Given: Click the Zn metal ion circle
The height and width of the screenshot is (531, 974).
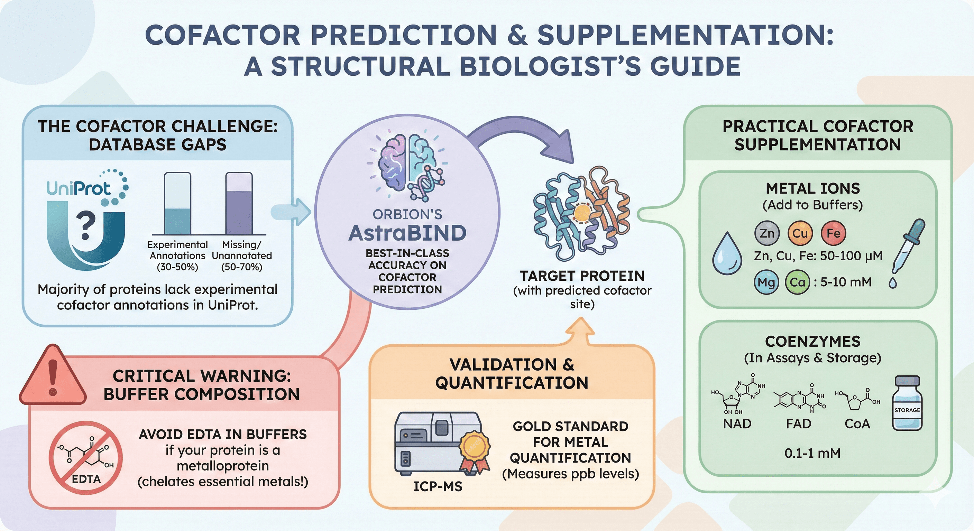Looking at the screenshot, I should (x=767, y=233).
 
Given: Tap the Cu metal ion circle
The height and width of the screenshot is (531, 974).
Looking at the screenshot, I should (x=800, y=233).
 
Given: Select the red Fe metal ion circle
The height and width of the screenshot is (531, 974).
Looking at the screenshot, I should (x=833, y=233).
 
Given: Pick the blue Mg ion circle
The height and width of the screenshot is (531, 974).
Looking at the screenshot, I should (x=766, y=282).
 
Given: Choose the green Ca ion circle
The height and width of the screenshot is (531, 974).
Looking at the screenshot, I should (x=797, y=282).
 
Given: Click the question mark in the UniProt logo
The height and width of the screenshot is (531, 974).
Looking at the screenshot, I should (x=86, y=226).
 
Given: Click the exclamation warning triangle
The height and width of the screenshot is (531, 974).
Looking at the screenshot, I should (x=53, y=377).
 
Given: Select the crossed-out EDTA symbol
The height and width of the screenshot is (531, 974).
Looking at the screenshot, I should (x=86, y=458).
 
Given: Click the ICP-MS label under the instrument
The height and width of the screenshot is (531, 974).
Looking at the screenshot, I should (x=438, y=486).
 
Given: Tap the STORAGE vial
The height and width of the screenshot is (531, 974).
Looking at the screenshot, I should (x=907, y=404).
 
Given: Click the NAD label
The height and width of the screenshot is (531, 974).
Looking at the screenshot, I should (x=737, y=424).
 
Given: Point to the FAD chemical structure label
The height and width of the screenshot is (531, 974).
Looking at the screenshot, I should (x=799, y=424).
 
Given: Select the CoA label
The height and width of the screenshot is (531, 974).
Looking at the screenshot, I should (x=857, y=424).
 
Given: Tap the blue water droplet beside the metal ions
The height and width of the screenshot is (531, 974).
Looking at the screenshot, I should (x=727, y=254).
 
